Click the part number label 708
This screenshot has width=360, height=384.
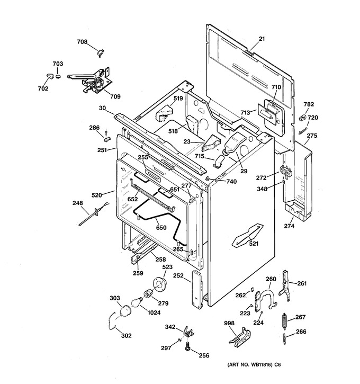[x=82, y=42]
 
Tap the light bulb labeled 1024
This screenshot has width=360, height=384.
[x=137, y=302]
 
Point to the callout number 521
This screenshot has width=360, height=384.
[x=254, y=244]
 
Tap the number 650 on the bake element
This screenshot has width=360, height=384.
[x=161, y=228]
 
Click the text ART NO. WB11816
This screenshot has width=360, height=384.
[x=250, y=364]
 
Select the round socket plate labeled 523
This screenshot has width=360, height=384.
[x=159, y=284]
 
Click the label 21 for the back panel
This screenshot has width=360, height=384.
[x=262, y=39]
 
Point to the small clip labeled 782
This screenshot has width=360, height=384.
[x=302, y=117]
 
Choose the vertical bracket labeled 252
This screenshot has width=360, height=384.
[x=197, y=289]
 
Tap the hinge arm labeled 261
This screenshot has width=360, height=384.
[x=285, y=285]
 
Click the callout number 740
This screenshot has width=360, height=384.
[x=231, y=182]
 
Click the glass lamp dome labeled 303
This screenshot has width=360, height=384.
[x=125, y=311]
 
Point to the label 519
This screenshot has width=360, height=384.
[x=178, y=98]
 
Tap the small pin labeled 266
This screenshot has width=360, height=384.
[x=285, y=339]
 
